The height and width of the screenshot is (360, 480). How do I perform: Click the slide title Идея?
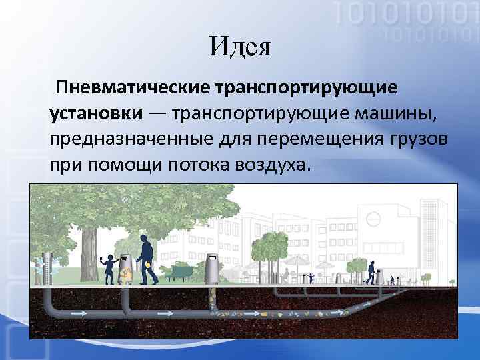point(239,47)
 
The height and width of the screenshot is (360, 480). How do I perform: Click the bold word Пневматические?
point(133,88)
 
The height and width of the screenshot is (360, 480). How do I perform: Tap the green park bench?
point(180,271)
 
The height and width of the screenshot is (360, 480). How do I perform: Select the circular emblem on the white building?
point(374,218)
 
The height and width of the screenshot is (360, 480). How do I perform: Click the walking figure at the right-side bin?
point(371,269)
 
